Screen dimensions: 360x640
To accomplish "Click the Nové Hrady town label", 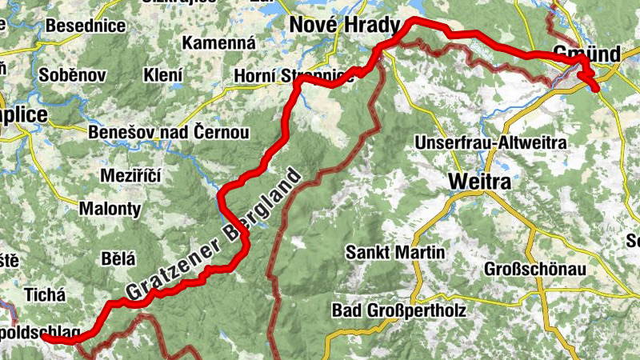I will pos(343,26).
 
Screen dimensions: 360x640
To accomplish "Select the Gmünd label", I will pos(586,54).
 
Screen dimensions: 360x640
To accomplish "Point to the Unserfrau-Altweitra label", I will pos(490,142).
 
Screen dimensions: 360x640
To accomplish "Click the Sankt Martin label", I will pos(394,252).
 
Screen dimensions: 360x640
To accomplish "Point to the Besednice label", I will pos(86,26).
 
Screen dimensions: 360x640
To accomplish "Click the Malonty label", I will pos(110,210).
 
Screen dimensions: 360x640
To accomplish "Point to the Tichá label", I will pos(44,294).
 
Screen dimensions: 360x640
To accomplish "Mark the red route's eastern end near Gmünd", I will pos(596,88).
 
